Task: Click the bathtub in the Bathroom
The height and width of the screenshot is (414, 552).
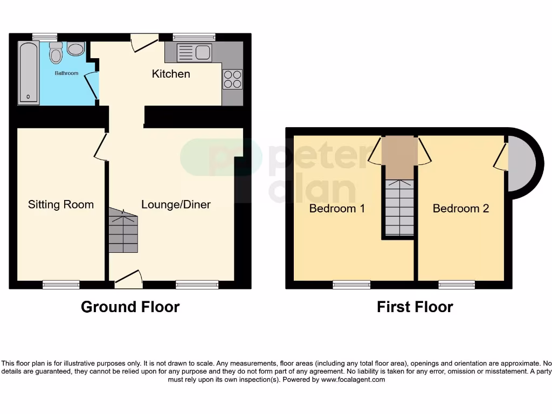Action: click(x=27, y=73)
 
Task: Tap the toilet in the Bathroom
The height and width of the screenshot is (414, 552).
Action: click(x=56, y=53)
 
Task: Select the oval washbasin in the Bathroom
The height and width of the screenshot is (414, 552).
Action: click(x=76, y=50)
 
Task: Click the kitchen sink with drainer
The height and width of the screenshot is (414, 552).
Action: click(x=195, y=53)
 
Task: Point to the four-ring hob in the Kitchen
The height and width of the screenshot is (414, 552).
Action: click(x=233, y=79)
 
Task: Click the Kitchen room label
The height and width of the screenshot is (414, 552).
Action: click(x=171, y=74)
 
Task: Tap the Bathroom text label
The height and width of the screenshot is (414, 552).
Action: click(x=66, y=73)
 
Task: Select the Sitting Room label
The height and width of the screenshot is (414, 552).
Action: click(x=61, y=205)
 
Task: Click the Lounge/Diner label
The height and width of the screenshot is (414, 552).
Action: click(x=176, y=205)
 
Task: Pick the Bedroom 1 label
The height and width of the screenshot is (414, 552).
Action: click(x=337, y=209)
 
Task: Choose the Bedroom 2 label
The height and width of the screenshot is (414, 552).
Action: click(x=461, y=209)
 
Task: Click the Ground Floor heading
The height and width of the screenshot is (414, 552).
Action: click(x=130, y=307)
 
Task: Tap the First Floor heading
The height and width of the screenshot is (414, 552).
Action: click(x=415, y=307)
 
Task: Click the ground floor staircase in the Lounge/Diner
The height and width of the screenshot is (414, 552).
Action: click(x=123, y=231)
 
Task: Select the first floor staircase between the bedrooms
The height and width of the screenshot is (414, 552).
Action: click(x=399, y=208)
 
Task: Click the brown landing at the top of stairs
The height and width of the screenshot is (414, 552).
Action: click(x=399, y=156)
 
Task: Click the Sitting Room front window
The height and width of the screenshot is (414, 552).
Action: click(x=61, y=284)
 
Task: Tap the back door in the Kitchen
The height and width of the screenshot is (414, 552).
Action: click(x=144, y=43)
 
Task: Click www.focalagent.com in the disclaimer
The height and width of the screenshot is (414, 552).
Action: click(x=353, y=379)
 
